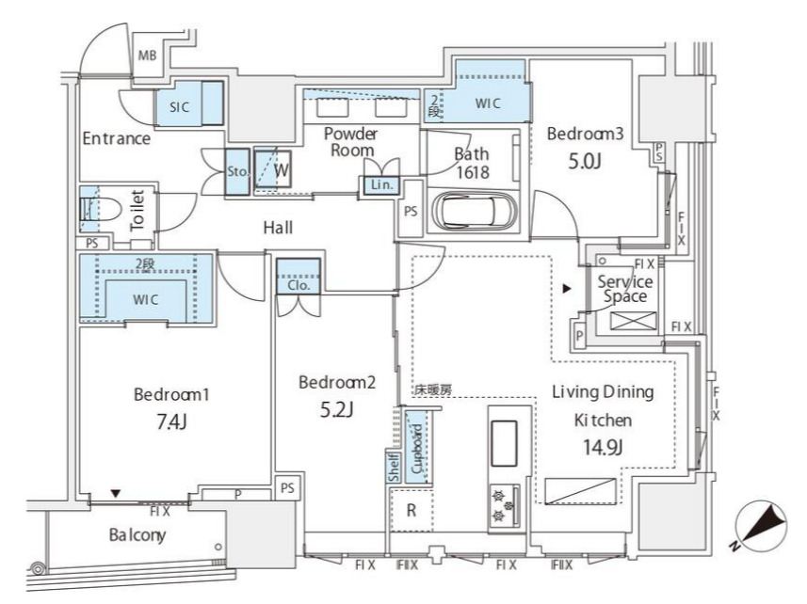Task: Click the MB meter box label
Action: [147, 55]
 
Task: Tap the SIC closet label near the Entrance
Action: [179, 107]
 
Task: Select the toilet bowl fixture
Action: [102, 210]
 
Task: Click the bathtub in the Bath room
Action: [474, 211]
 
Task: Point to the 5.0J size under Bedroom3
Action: [585, 162]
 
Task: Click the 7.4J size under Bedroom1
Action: [171, 422]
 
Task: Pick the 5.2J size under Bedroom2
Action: [336, 409]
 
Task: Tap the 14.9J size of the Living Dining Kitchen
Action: [603, 447]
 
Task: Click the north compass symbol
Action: [761, 526]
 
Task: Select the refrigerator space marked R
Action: [412, 511]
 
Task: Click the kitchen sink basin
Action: [505, 443]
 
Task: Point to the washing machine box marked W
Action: [273, 169]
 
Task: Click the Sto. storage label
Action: [238, 171]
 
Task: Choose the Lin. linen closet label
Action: [382, 185]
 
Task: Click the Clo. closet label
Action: [299, 285]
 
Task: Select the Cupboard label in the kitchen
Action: [417, 448]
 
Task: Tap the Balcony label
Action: [137, 535]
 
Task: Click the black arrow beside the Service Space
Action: [567, 289]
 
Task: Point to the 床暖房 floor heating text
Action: [433, 390]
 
